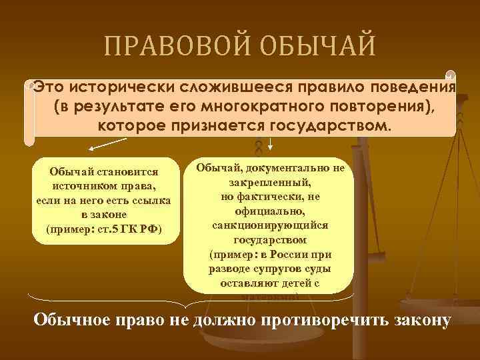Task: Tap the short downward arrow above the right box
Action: pos(271,143)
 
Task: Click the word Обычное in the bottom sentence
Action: pos(71,319)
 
